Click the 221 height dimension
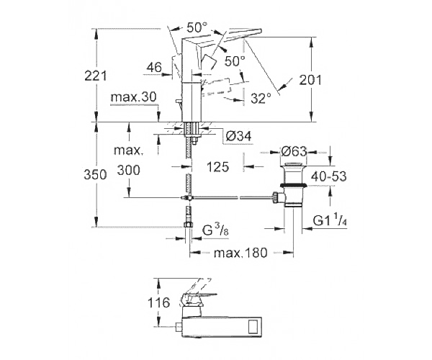[95, 76]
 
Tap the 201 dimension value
[310, 80]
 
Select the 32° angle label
[261, 98]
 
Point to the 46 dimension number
[154, 67]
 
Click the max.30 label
[133, 97]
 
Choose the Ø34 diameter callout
[238, 136]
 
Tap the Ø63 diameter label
[294, 151]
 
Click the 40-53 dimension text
[329, 176]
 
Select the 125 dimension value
[217, 167]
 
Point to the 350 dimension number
[95, 175]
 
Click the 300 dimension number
[129, 170]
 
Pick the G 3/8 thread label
[215, 230]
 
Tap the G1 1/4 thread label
[330, 220]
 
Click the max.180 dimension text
[240, 253]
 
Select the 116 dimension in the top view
[159, 302]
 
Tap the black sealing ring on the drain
[293, 185]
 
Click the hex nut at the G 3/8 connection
[188, 225]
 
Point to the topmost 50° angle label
[197, 27]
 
